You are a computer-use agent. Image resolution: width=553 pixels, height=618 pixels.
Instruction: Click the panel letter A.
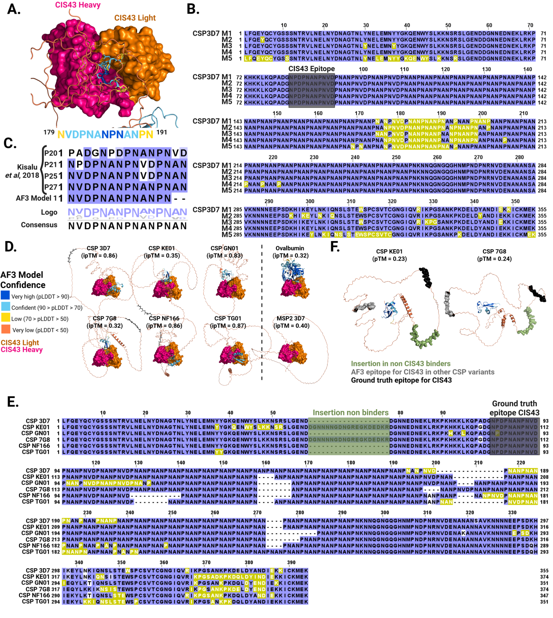(x=14, y=9)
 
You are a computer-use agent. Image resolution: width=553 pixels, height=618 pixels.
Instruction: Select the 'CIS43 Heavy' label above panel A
(x=78, y=5)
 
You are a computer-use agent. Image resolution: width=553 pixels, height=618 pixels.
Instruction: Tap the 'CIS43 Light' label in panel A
(x=135, y=18)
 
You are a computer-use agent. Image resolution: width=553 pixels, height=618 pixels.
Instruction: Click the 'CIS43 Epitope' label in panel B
(x=311, y=69)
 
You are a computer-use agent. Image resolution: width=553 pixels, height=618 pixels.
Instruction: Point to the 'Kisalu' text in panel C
(x=27, y=167)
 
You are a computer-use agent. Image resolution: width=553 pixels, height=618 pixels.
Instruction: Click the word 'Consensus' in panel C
(x=39, y=225)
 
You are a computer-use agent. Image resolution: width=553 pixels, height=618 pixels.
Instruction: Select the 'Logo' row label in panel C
(x=49, y=212)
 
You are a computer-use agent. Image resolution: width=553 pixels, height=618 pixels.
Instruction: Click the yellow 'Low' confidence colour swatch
(x=5, y=318)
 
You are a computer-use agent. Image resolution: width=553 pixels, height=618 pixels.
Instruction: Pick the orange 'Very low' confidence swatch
(x=5, y=329)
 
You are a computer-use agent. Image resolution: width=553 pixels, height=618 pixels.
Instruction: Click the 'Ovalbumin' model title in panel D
(x=289, y=248)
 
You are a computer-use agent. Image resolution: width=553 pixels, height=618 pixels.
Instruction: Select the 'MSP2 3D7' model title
(x=290, y=318)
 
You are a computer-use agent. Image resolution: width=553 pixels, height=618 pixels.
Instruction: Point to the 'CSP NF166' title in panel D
(x=164, y=318)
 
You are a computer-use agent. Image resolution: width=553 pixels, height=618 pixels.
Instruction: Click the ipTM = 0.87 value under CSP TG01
(x=228, y=326)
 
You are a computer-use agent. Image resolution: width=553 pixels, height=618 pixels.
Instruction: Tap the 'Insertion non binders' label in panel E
(x=351, y=413)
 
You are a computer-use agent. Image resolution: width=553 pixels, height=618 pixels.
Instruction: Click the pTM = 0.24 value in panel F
(x=494, y=259)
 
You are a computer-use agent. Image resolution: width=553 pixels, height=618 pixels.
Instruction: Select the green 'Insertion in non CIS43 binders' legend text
(x=400, y=363)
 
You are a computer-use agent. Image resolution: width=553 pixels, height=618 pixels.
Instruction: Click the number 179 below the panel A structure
(x=49, y=132)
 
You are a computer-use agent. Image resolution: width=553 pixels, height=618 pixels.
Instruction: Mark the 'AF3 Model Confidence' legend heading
(x=23, y=280)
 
